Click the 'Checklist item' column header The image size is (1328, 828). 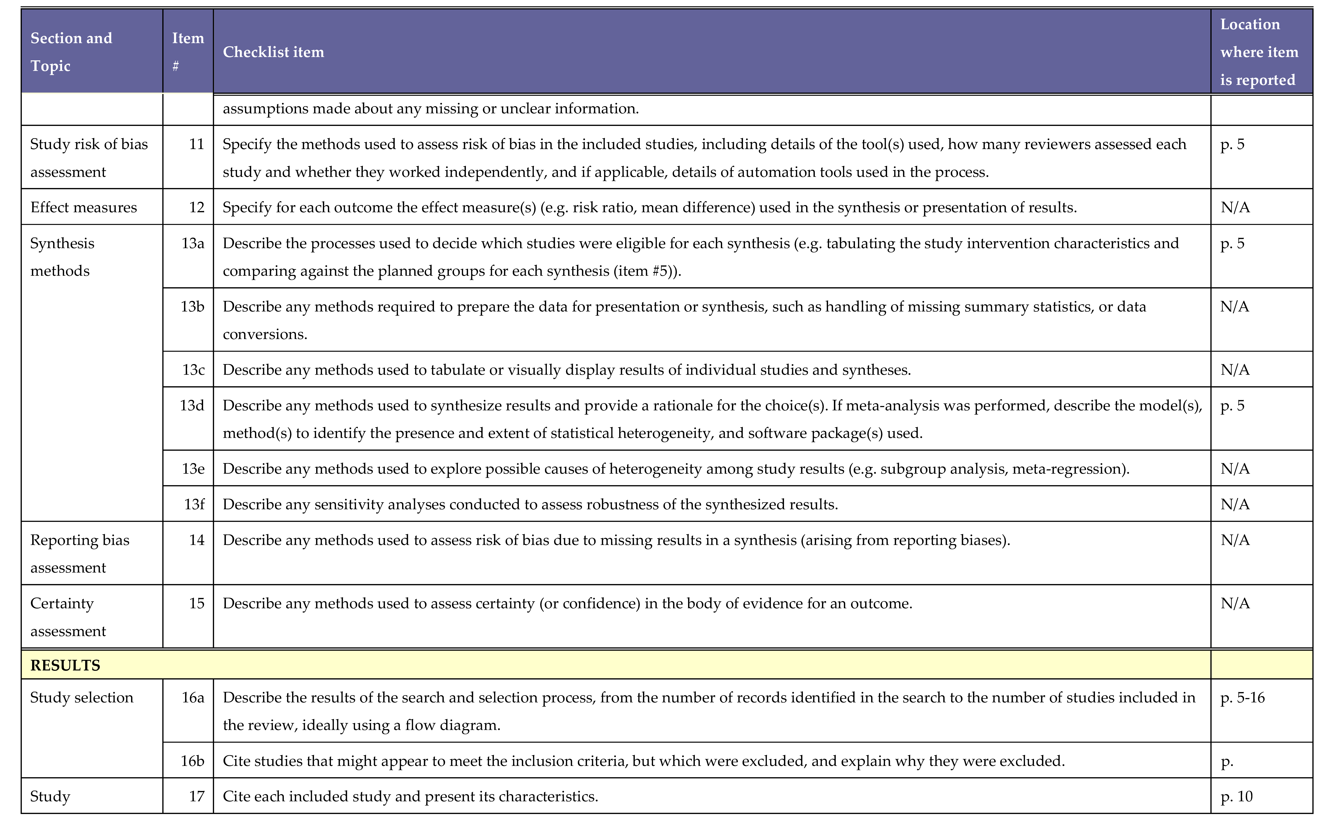point(273,52)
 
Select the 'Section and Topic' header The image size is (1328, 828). point(71,52)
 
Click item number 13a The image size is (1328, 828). point(193,243)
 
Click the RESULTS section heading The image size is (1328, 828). point(65,665)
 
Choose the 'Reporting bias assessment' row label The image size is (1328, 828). point(80,554)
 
